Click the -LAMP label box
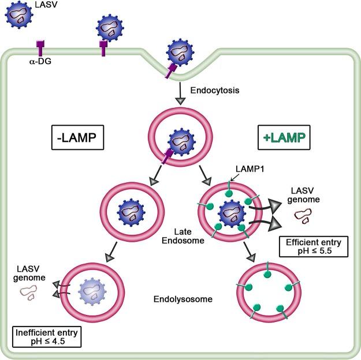[x=77, y=137]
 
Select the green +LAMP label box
[x=284, y=137]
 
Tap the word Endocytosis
[x=214, y=90]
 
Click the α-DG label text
[x=40, y=61]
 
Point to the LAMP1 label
[x=250, y=169]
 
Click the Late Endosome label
[x=183, y=236]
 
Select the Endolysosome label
[x=183, y=299]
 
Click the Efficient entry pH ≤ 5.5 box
[x=313, y=246]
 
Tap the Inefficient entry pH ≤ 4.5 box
[x=47, y=337]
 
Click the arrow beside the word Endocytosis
[x=180, y=93]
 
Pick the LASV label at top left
[x=46, y=5]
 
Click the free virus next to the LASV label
[x=19, y=15]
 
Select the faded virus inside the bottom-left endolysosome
[x=92, y=291]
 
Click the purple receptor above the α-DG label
[x=40, y=48]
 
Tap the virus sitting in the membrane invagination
[x=180, y=52]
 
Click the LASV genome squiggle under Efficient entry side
[x=303, y=216]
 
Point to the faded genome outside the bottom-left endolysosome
[x=28, y=292]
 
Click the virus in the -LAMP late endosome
[x=132, y=212]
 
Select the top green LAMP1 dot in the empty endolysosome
[x=267, y=273]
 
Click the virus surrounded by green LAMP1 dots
[x=232, y=214]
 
